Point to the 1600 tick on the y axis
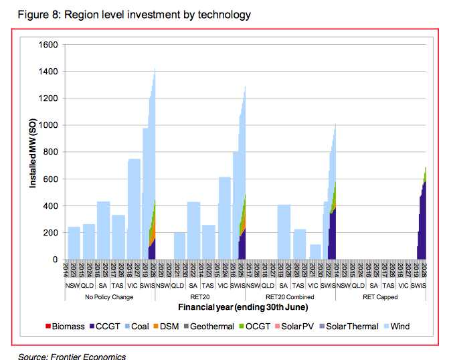pos(50,45)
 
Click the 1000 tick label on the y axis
pos(50,125)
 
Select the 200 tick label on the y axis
pos(52,233)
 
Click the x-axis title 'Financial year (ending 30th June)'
pos(243,307)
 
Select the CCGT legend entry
pos(106,327)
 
